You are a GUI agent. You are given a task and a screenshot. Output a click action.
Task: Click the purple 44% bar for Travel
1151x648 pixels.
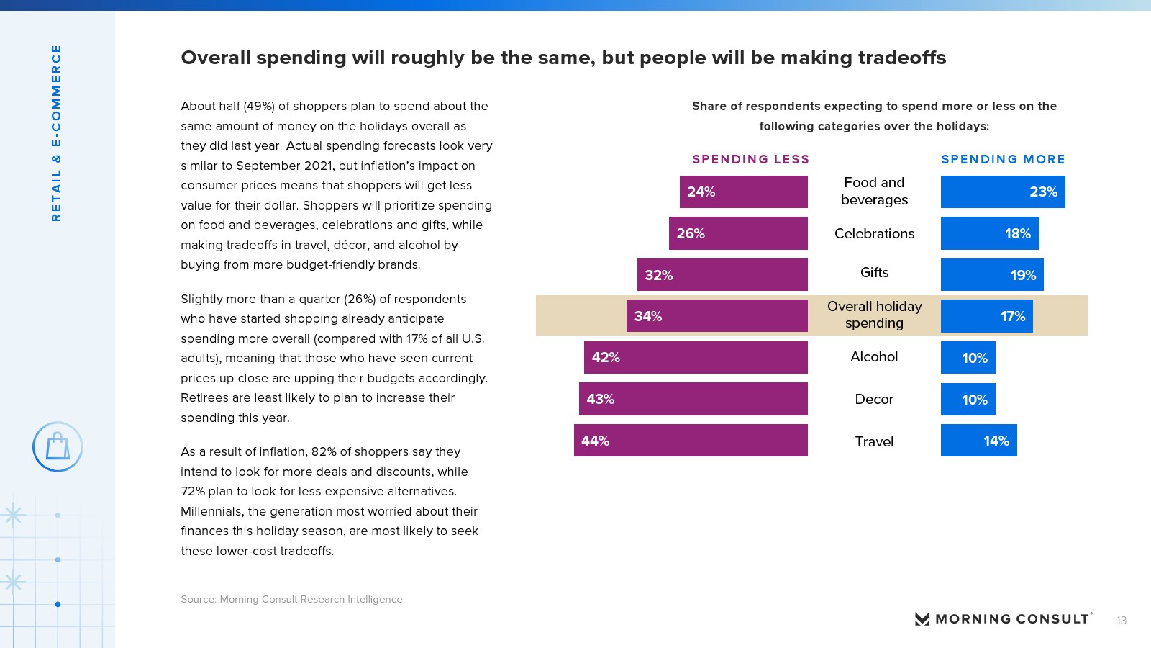691,441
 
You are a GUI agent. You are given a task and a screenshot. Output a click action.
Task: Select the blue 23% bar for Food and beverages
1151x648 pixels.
1003,192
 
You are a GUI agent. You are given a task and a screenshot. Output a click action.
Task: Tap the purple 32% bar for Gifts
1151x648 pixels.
722,275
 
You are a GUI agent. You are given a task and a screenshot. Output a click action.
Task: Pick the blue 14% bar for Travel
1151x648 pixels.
978,441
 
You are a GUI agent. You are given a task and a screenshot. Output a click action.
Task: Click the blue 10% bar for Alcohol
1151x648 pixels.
968,358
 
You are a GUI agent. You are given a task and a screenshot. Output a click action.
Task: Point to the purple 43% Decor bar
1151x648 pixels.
693,399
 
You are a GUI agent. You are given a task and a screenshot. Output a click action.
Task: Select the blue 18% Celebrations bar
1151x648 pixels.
989,233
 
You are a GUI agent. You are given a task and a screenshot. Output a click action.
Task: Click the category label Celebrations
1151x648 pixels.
874,233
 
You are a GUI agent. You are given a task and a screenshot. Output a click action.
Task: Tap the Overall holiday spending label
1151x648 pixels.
874,315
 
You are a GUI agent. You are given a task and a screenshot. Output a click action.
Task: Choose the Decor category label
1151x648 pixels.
874,399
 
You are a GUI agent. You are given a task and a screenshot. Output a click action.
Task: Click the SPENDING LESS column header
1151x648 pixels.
750,159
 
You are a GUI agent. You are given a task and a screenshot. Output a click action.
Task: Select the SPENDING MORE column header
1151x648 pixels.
1003,159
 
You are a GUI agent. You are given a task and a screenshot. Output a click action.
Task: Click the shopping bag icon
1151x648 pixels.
58,446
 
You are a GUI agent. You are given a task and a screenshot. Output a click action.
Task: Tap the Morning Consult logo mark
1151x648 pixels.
922,619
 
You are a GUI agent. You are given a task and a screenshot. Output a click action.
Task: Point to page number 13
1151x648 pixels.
1121,621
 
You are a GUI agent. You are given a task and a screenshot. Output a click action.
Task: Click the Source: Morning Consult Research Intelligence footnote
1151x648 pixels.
291,599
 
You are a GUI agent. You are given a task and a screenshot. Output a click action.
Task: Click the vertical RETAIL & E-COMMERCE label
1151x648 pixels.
56,133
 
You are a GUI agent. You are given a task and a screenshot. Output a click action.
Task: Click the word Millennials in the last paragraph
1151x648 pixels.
211,511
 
